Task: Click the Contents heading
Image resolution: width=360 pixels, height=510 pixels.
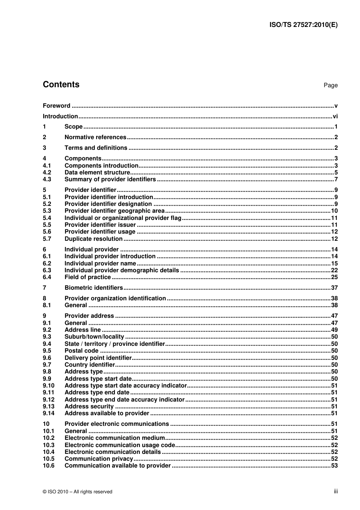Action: (x=61, y=85)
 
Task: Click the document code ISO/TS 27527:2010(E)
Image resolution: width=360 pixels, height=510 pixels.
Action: (x=303, y=25)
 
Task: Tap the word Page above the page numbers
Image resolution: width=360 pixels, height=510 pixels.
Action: (x=330, y=85)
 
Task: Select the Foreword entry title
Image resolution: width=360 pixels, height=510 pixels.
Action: (x=56, y=106)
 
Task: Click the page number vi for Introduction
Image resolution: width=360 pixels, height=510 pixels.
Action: (x=335, y=116)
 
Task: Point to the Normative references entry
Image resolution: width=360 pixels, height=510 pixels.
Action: (x=95, y=137)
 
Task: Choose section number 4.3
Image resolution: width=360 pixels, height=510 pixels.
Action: (x=47, y=179)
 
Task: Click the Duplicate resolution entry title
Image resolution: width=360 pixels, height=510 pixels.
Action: (x=93, y=239)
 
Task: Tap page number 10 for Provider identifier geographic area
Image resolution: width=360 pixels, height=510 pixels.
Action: (x=334, y=211)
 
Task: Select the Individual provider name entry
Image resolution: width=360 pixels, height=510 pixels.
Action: (x=100, y=264)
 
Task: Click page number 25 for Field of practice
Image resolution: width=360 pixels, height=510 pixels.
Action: (x=334, y=277)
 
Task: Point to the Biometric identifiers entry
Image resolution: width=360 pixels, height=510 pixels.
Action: (x=94, y=288)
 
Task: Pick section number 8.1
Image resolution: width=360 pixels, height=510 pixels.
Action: (x=47, y=305)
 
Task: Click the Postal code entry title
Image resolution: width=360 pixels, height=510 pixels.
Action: (x=81, y=351)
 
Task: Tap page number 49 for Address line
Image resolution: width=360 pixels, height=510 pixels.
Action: (x=334, y=330)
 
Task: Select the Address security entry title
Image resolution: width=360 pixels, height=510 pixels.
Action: (x=89, y=406)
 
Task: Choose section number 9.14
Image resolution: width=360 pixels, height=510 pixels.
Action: (x=49, y=413)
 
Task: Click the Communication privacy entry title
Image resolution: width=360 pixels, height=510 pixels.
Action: (x=99, y=459)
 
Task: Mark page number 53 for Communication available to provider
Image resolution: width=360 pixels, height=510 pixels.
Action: (x=334, y=466)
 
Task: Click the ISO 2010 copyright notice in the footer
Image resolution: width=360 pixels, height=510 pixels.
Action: (x=78, y=492)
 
